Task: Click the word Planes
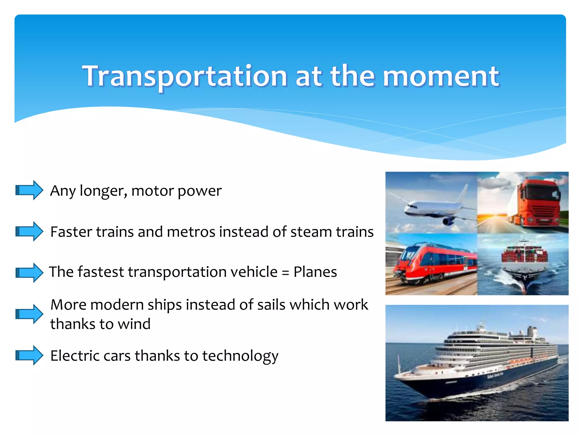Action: click(x=315, y=272)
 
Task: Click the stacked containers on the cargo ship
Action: click(x=524, y=255)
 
